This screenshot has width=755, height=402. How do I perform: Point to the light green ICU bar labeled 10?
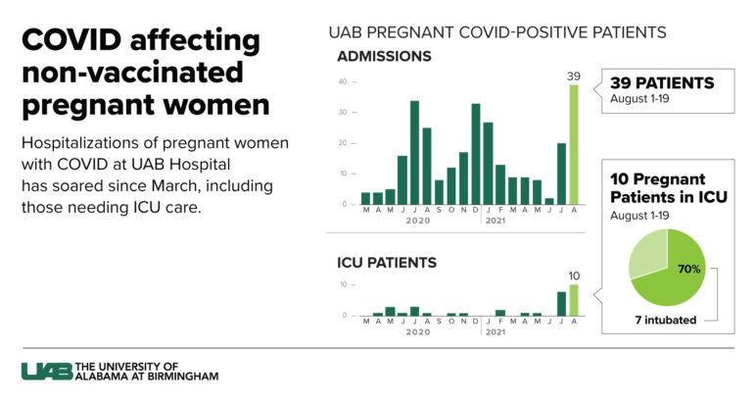tap(575, 300)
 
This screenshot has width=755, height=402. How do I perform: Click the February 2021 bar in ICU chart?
tap(500, 313)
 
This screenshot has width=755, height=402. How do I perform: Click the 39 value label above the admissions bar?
tap(575, 75)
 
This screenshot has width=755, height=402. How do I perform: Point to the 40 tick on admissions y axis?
tap(342, 81)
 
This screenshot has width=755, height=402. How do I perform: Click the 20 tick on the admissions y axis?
tap(342, 143)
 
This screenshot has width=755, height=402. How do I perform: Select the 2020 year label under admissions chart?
tap(418, 222)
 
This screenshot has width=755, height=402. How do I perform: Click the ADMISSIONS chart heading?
tap(384, 56)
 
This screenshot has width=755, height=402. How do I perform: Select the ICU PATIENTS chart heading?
tap(387, 263)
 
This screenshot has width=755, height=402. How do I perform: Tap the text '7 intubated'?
tap(666, 320)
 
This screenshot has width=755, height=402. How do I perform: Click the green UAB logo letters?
tap(45, 371)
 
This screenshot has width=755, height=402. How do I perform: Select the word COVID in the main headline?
tap(74, 41)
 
